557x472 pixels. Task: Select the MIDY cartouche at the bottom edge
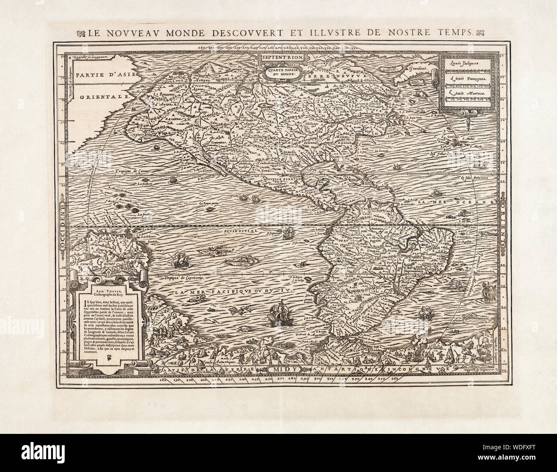[x=281, y=369]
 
